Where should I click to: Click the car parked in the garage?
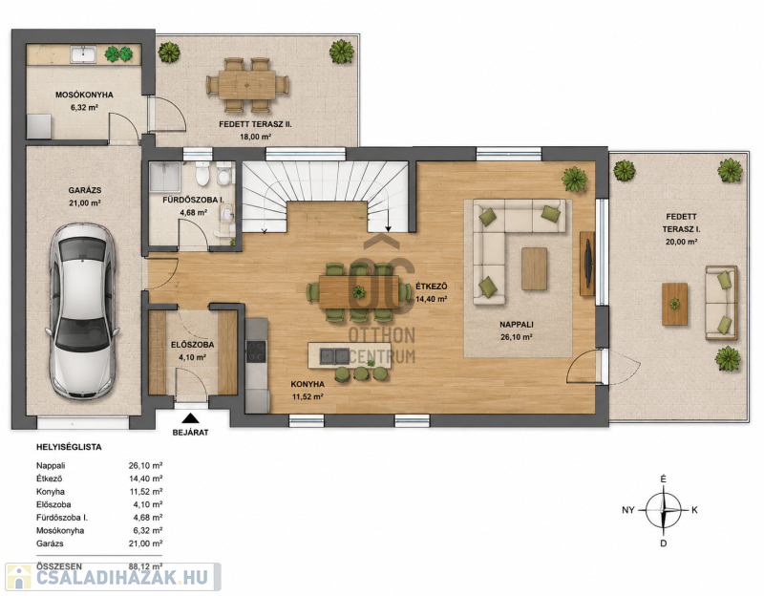point(83,311)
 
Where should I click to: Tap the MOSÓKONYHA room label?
point(84,95)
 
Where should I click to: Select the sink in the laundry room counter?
point(83,54)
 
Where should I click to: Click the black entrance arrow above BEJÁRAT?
point(190,418)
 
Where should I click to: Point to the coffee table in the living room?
point(534,269)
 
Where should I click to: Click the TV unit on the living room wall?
point(587,264)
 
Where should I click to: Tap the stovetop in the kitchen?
point(256,351)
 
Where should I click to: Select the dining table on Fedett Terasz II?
point(247,85)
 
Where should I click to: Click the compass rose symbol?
point(663,510)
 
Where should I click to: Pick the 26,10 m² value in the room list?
point(145,466)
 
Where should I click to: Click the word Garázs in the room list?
point(50,543)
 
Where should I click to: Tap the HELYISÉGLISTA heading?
point(69,447)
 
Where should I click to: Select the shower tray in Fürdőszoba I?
point(165,177)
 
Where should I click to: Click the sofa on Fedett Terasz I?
point(721,303)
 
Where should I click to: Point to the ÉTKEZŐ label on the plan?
point(432,287)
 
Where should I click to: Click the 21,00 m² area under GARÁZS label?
point(85,202)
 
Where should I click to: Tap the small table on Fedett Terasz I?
point(674,304)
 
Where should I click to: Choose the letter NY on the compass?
point(628,510)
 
